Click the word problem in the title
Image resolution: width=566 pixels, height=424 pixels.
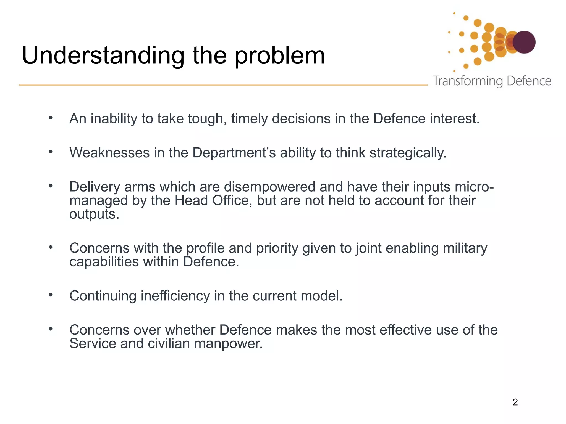click(280, 56)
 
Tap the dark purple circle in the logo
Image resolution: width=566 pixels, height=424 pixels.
click(524, 42)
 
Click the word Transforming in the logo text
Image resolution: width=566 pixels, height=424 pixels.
click(468, 81)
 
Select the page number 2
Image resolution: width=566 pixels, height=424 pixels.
click(515, 402)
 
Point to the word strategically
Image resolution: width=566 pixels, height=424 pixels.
click(408, 153)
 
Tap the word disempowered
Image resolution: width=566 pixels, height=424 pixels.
click(269, 187)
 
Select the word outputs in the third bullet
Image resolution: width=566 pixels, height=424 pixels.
click(94, 214)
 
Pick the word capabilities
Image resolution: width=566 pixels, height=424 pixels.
click(104, 262)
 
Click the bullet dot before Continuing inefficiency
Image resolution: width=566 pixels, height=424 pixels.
click(51, 295)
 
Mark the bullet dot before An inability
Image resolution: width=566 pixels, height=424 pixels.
click(51, 118)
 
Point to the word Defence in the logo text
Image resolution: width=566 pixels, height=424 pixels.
click(529, 81)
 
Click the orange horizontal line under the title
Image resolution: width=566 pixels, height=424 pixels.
click(221, 85)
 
